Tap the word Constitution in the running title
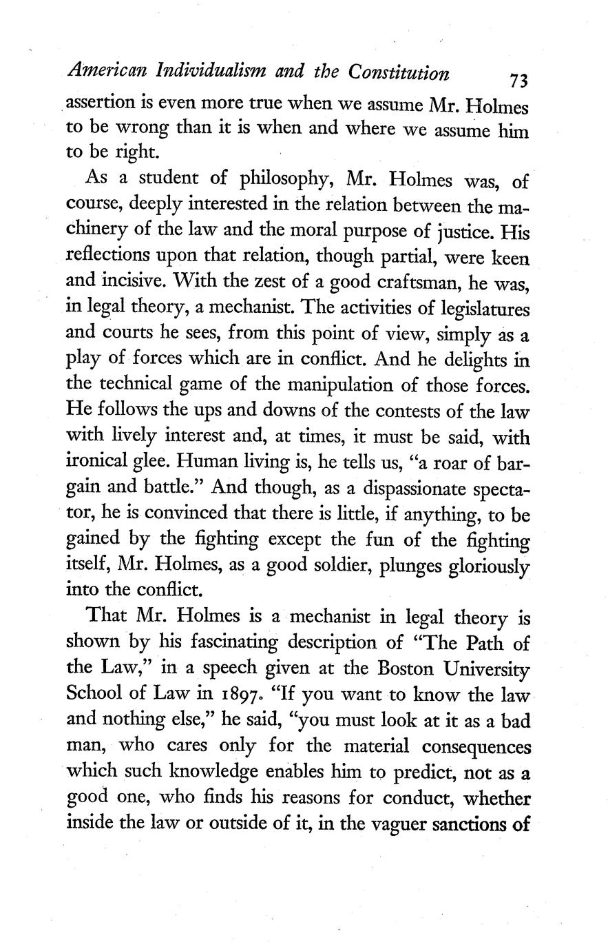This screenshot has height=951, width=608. (x=399, y=72)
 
